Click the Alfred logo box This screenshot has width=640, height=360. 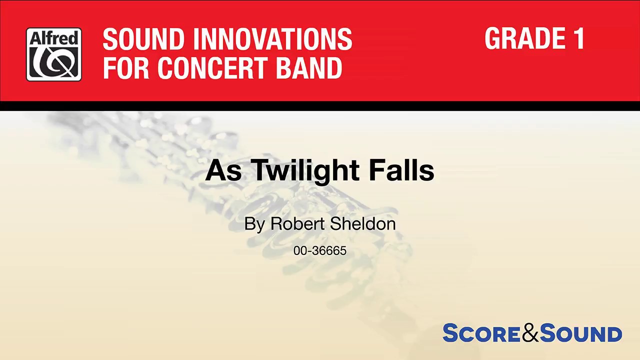point(54,54)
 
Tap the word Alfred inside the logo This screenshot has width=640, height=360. point(54,38)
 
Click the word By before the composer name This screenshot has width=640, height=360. point(254,223)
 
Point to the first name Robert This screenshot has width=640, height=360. point(298,223)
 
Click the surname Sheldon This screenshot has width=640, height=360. point(363,223)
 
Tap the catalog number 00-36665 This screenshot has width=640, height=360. point(320,250)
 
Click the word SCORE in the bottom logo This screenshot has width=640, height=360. point(481,333)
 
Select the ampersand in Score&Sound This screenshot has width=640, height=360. point(530,333)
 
